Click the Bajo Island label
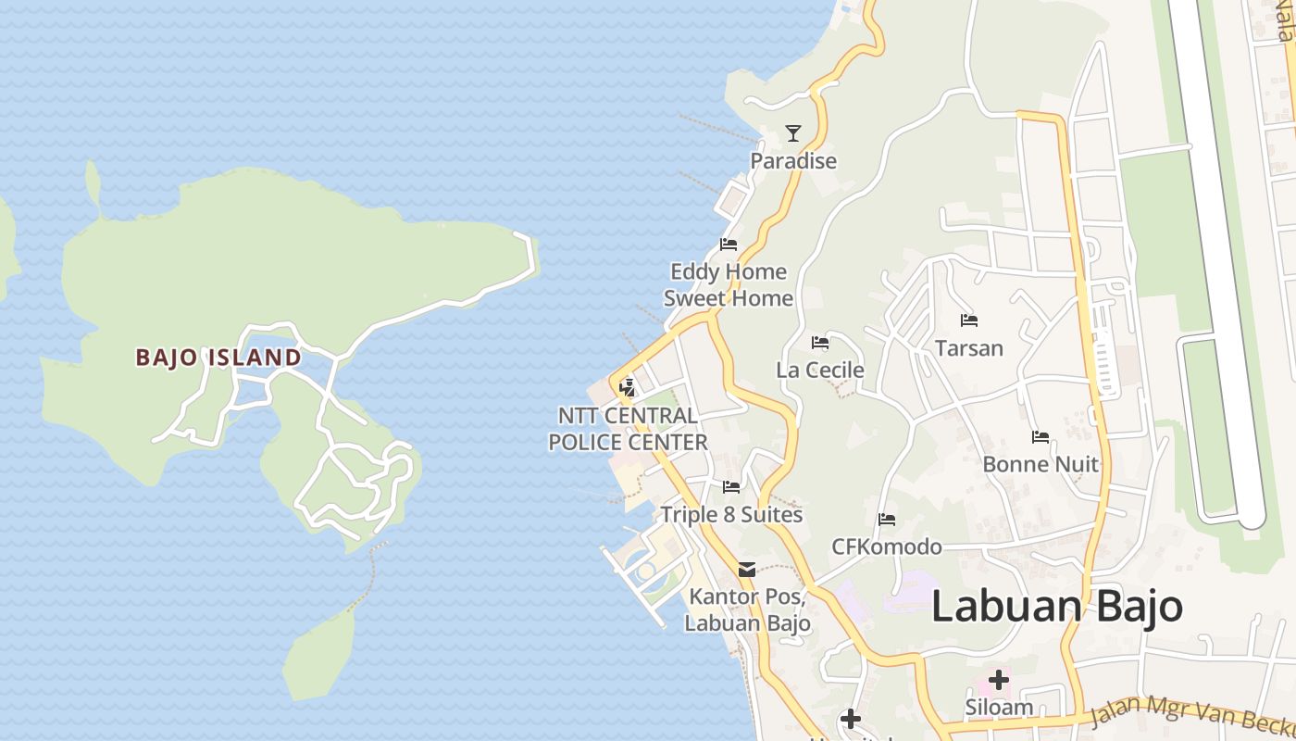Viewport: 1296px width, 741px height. point(218,358)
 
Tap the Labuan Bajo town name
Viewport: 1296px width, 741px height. point(1056,607)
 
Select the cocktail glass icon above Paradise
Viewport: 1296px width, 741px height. point(792,133)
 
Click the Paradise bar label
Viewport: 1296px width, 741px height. point(792,161)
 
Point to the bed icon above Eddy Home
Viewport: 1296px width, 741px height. point(729,245)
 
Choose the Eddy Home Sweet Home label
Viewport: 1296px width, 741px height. point(729,285)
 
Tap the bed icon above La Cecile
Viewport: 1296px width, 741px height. point(820,343)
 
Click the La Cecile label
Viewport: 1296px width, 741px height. point(820,370)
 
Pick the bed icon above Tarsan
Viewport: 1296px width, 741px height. point(969,320)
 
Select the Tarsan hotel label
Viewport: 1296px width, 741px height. point(969,348)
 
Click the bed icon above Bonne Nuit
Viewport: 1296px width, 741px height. point(1041,437)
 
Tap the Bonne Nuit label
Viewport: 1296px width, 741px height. point(1041,464)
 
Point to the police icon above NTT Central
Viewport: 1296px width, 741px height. point(628,387)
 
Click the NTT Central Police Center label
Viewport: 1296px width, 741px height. point(628,429)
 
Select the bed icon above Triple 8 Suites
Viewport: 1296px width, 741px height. point(731,486)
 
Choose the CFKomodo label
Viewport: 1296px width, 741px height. point(886,546)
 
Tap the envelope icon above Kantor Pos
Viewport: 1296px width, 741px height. point(747,569)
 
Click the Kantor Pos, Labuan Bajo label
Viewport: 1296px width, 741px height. point(747,609)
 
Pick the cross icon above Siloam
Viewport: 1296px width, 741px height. point(998,680)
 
